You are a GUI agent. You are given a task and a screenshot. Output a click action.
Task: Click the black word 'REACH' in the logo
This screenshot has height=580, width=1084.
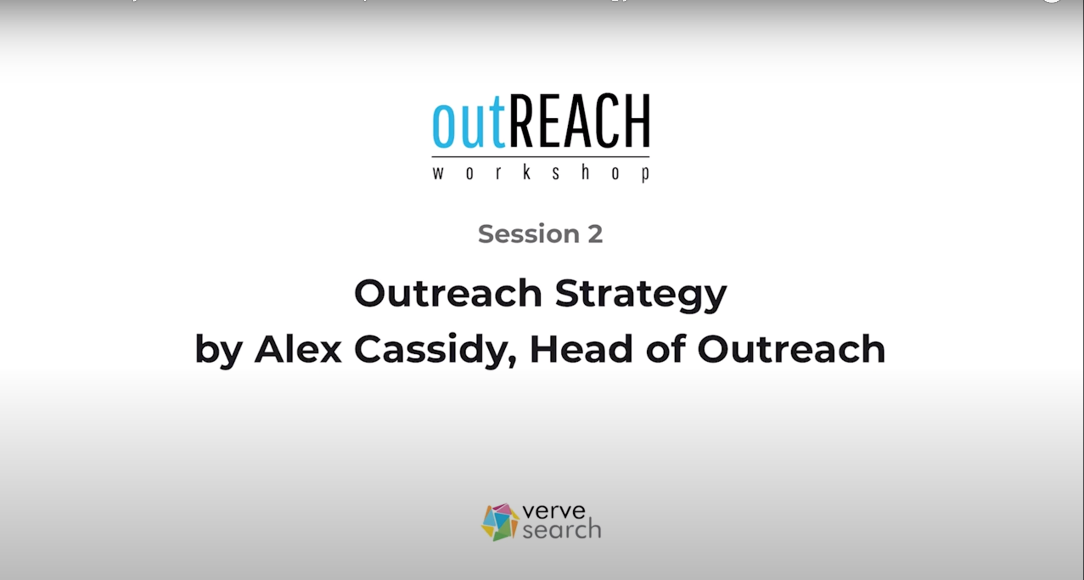580,121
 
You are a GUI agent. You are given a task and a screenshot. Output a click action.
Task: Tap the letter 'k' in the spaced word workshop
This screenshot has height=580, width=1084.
527,172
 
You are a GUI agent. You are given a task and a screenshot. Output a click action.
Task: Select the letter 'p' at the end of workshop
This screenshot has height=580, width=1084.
645,174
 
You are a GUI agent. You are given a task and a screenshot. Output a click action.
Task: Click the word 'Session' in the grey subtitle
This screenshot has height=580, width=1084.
528,234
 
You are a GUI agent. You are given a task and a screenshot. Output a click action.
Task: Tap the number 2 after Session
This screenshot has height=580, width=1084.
595,234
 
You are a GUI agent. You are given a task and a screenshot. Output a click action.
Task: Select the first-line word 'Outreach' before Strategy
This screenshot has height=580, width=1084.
448,293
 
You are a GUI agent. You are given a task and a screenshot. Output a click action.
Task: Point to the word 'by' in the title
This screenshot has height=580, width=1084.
219,351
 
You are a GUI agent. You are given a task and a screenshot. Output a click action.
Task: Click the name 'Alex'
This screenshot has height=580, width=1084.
298,349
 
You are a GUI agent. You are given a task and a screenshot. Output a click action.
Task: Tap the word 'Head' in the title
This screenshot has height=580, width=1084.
581,349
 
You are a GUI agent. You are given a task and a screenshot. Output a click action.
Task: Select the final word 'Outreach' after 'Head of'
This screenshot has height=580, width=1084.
791,349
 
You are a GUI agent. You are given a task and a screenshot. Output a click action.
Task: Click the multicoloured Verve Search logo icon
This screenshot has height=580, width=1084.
500,522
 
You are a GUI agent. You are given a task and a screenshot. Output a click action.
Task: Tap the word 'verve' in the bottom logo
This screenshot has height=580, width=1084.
554,511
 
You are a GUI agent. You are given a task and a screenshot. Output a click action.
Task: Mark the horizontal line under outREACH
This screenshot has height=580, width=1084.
540,157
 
